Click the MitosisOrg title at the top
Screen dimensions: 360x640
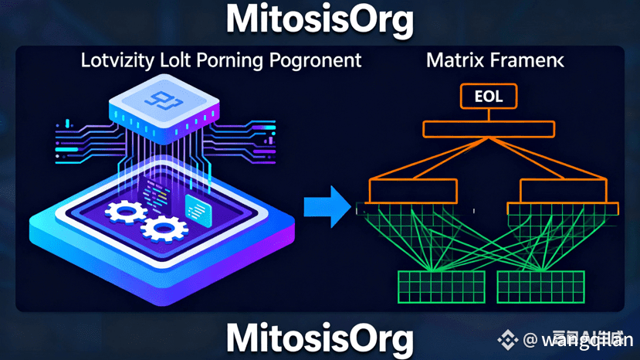[x=320, y=21]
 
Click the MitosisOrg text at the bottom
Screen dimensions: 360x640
[x=320, y=338]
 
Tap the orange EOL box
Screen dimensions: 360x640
[x=488, y=97]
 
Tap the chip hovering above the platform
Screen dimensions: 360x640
[x=161, y=109]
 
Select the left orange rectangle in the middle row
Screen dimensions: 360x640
[x=414, y=190]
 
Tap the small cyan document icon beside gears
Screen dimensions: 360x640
[x=197, y=207]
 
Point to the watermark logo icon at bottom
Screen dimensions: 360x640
[x=507, y=338]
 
